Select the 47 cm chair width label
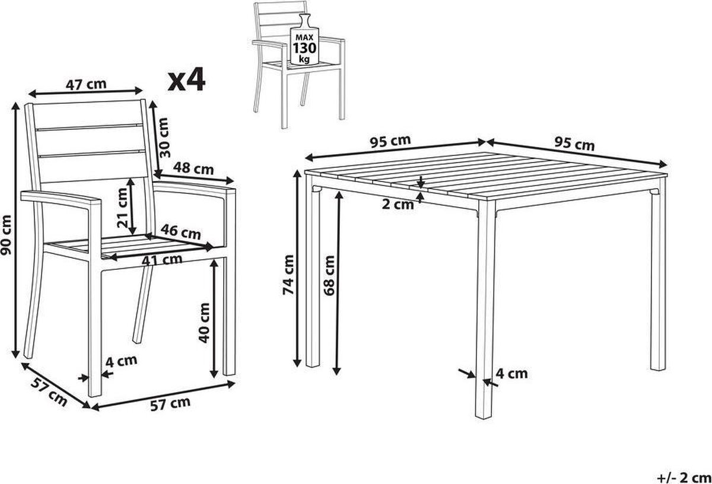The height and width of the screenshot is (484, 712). click(x=86, y=85)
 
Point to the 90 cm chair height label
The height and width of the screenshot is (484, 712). click(x=6, y=235)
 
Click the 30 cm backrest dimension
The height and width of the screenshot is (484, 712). click(x=164, y=138)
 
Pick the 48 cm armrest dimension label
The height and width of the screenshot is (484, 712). click(x=193, y=168)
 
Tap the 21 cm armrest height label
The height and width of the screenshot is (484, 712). click(x=122, y=208)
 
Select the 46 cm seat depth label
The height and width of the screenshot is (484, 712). click(x=180, y=232)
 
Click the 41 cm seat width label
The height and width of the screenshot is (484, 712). click(x=162, y=260)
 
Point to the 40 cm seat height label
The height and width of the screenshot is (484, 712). click(x=204, y=323)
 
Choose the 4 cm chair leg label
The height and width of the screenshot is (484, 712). click(x=122, y=361)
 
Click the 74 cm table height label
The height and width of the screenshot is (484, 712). click(x=288, y=275)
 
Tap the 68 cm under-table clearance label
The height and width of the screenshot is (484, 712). click(x=329, y=275)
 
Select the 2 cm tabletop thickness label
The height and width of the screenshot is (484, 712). click(x=398, y=205)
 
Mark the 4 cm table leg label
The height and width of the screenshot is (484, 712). click(x=511, y=374)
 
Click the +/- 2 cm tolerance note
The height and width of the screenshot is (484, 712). click(x=684, y=477)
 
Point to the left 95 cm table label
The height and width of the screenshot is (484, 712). click(x=390, y=141)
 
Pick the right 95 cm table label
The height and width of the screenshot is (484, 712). click(x=575, y=144)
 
